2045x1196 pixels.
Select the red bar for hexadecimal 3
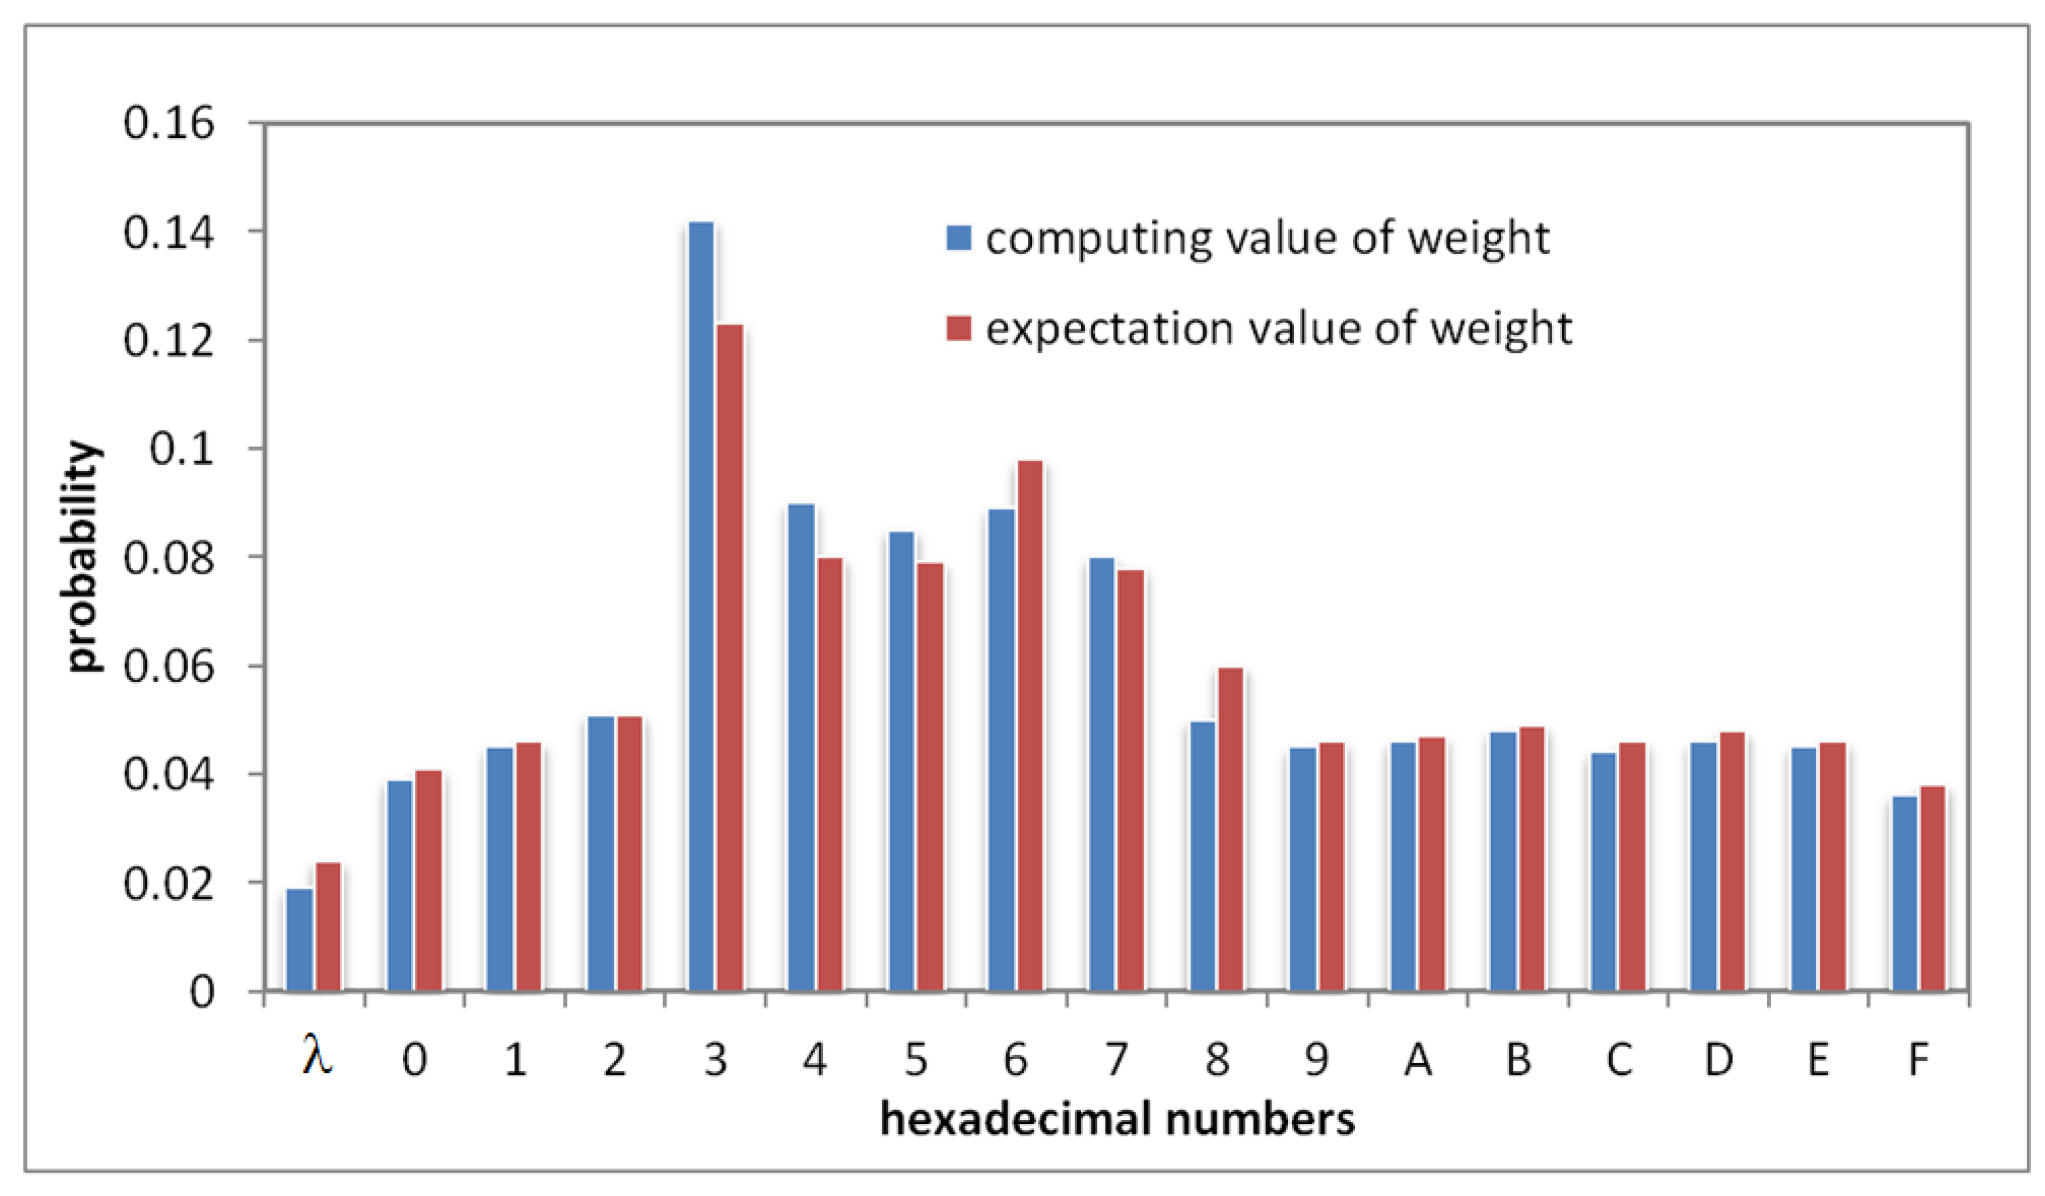[x=730, y=657]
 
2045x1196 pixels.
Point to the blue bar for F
[x=1905, y=893]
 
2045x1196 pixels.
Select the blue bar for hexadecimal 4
[x=802, y=747]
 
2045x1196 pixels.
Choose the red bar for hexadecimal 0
[x=428, y=880]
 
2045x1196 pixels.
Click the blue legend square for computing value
[x=959, y=238]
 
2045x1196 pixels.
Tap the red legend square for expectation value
[x=959, y=329]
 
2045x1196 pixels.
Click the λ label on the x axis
[x=317, y=1057]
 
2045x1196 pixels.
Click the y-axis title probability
[x=83, y=557]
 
